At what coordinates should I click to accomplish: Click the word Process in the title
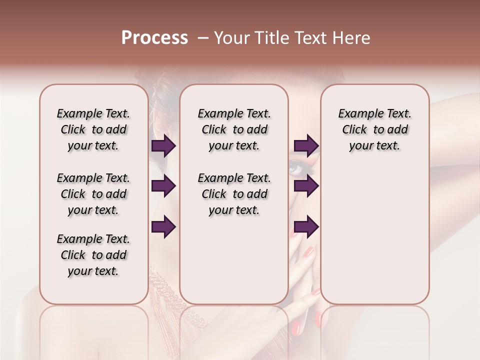pos(154,38)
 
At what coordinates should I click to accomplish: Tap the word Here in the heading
pos(352,38)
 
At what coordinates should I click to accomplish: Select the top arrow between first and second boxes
pos(163,146)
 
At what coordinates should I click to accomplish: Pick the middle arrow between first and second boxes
pos(163,186)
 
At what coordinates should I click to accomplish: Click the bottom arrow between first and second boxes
pos(163,226)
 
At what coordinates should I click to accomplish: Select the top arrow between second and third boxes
pos(306,146)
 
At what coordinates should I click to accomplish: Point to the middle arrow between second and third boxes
pos(306,186)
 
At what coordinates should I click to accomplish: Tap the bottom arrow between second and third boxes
pos(306,226)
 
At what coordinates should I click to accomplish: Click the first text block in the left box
pos(93,129)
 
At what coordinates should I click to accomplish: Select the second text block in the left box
pos(93,194)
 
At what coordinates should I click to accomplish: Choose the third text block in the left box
pos(93,255)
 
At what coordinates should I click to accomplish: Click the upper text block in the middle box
pos(234,129)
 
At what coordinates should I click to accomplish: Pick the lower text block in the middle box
pos(234,194)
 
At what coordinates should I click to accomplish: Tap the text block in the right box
pos(374,129)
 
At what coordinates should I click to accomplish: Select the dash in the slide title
pos(202,38)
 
